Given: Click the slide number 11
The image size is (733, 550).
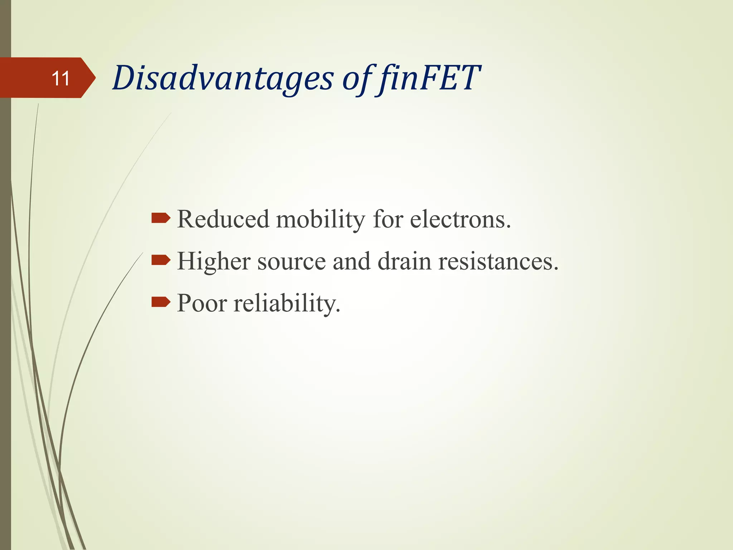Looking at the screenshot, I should click(x=60, y=78).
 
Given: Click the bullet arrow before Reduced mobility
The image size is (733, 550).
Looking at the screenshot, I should click(x=161, y=218).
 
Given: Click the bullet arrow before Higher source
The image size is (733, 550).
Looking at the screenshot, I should click(x=161, y=260).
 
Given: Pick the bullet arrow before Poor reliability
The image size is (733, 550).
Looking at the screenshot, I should click(x=161, y=302).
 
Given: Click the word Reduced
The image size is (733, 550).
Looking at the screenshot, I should click(x=223, y=219).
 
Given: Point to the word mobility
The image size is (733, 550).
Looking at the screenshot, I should click(x=320, y=219).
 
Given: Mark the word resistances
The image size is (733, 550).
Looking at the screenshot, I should click(x=496, y=261).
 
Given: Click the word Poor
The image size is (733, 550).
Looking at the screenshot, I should click(x=202, y=303).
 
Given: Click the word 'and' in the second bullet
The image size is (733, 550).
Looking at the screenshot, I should click(x=351, y=261).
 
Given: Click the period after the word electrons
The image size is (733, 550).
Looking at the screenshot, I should click(x=508, y=227).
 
